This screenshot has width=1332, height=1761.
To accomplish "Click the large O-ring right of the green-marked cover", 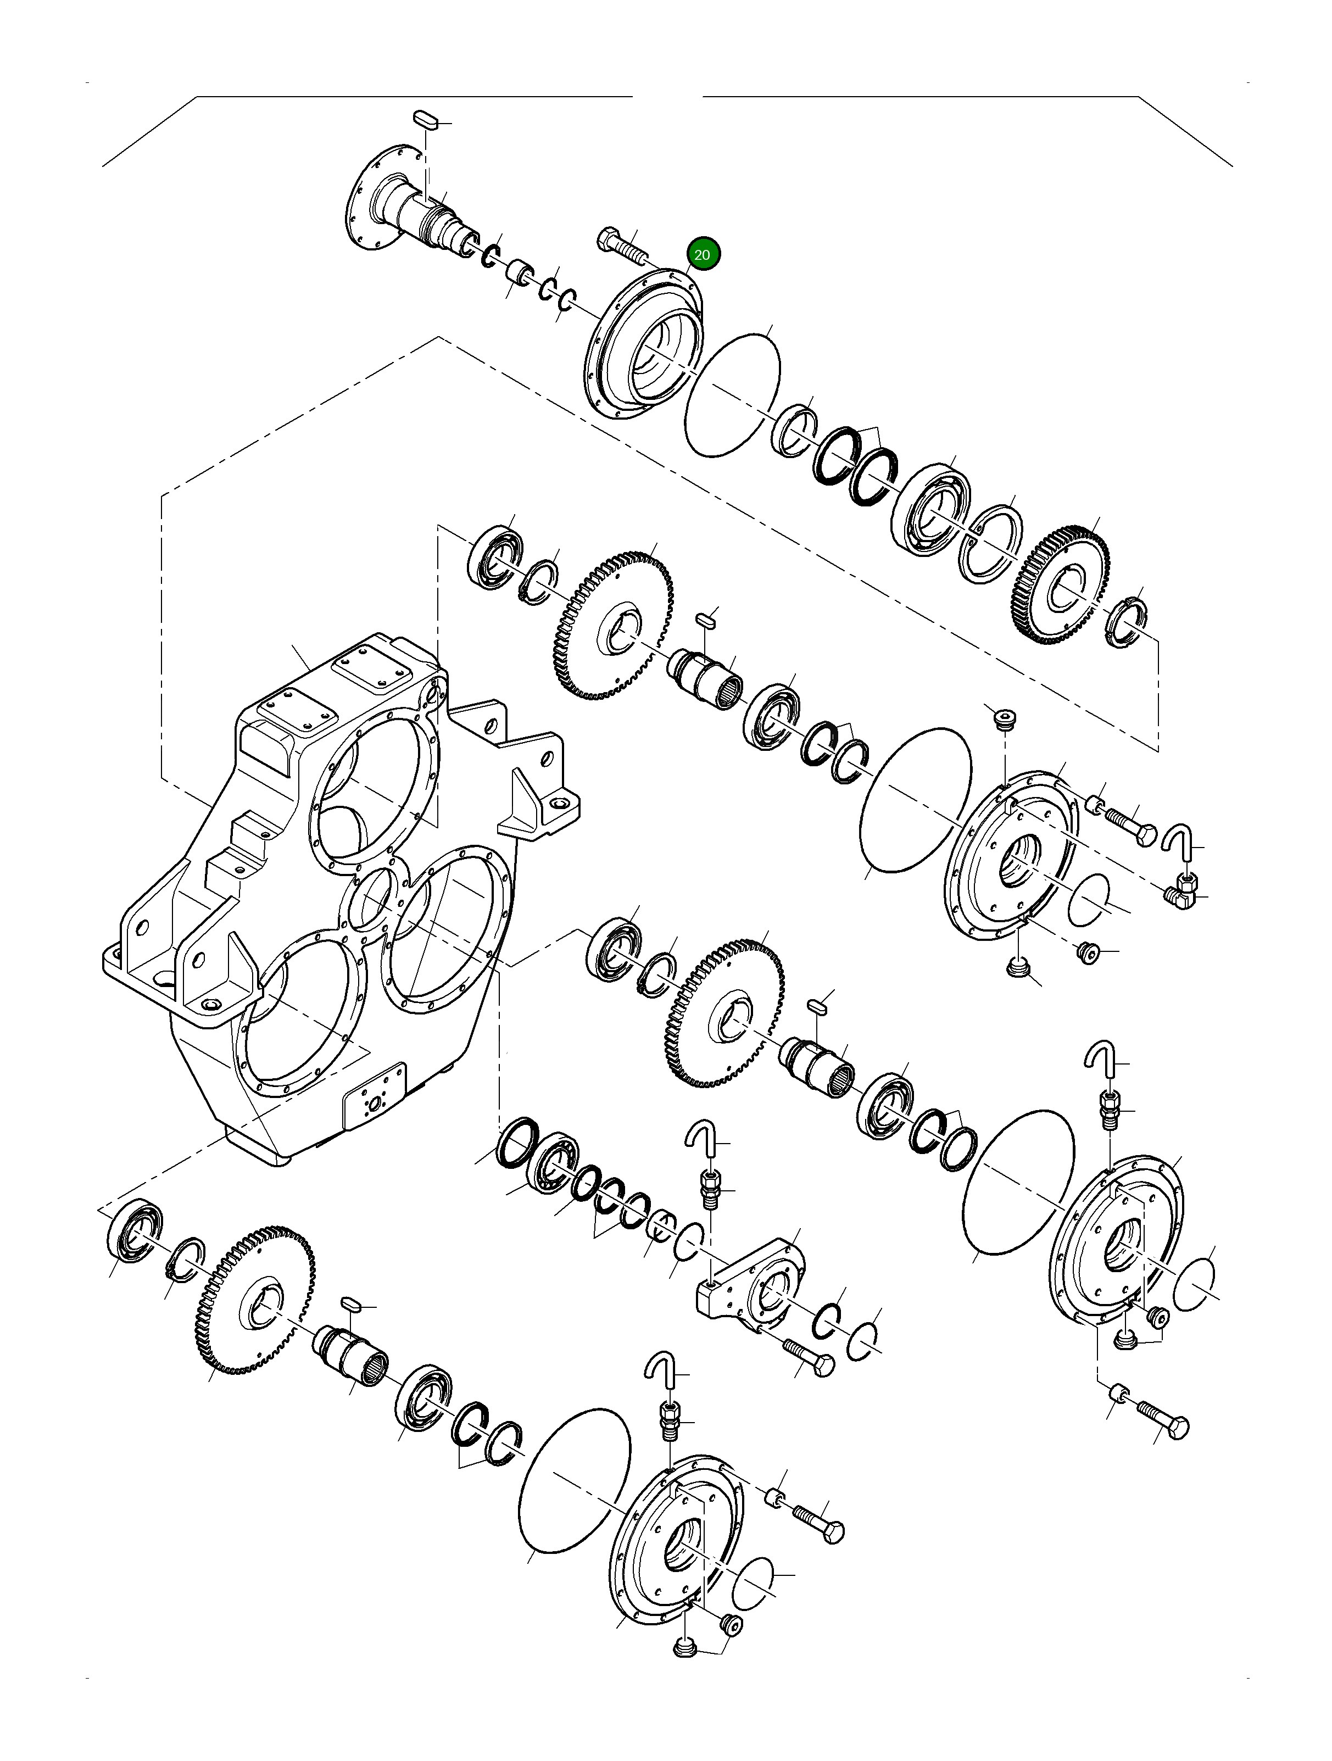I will click(x=733, y=394).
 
